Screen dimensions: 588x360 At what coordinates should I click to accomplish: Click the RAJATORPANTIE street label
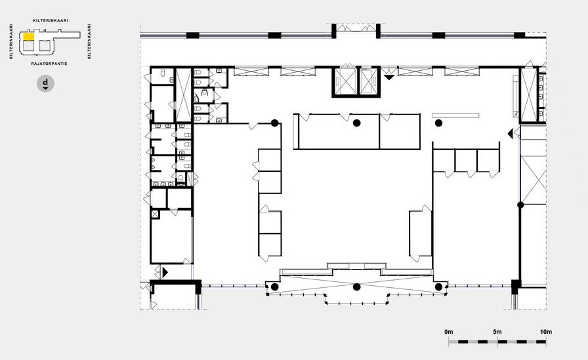[x=49, y=64]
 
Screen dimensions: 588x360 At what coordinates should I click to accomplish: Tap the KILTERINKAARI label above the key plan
[x=51, y=20]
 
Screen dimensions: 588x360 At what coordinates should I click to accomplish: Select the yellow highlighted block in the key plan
[x=29, y=36]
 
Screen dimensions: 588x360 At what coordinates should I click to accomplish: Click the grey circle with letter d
[x=45, y=83]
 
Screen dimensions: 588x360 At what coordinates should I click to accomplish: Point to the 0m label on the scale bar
[x=448, y=332]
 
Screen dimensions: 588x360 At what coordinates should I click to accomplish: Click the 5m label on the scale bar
[x=497, y=332]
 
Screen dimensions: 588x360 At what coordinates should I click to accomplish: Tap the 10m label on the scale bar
[x=546, y=332]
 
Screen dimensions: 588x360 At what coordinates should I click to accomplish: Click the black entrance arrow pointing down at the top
[x=389, y=77]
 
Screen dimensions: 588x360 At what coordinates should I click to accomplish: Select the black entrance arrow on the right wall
[x=510, y=133]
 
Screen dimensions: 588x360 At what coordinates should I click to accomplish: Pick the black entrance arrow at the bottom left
[x=165, y=272]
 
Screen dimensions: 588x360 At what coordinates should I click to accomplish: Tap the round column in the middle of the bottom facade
[x=356, y=287]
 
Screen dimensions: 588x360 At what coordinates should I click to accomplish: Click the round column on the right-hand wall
[x=520, y=205]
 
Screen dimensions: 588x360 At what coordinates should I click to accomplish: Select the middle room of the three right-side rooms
[x=466, y=161]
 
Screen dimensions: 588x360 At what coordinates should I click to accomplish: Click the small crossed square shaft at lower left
[x=155, y=214]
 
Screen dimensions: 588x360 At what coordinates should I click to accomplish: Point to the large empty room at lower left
[x=171, y=237]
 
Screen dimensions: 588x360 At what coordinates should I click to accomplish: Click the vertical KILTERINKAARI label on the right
[x=89, y=41]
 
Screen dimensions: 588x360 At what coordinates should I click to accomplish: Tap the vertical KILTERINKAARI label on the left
[x=11, y=41]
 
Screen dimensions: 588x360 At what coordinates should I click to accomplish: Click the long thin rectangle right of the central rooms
[x=455, y=116]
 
